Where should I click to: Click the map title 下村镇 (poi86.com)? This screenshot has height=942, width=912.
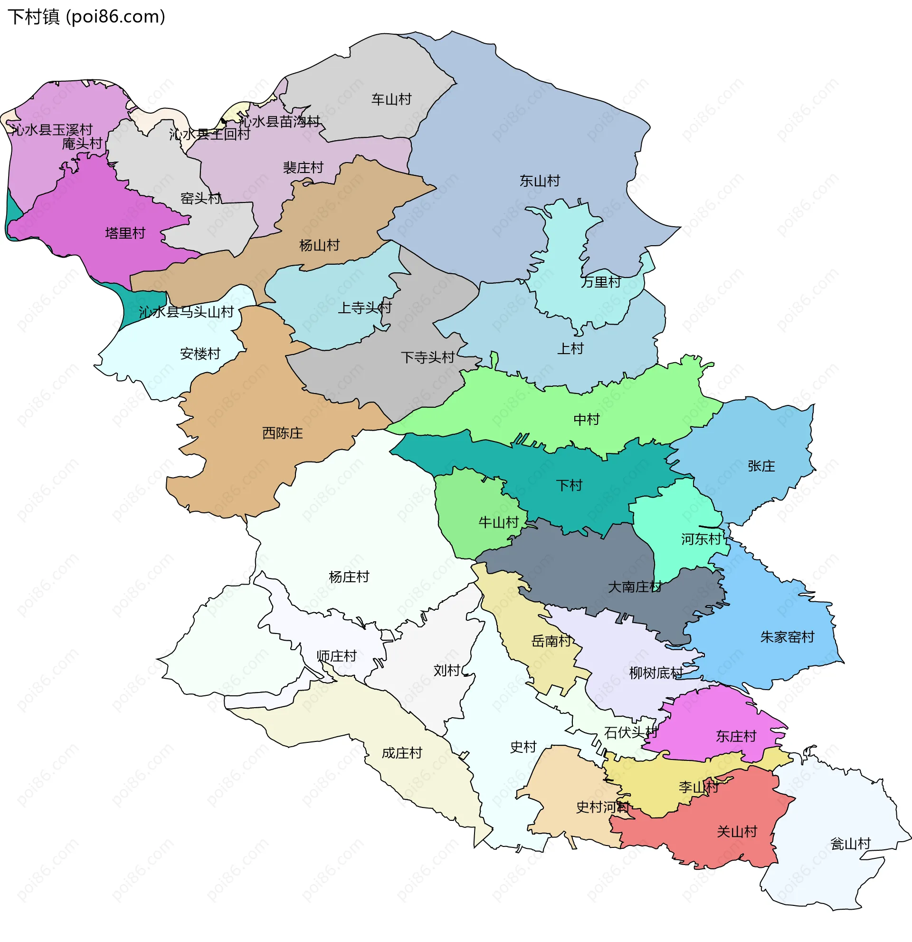pyautogui.click(x=86, y=17)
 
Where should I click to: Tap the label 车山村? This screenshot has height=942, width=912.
pyautogui.click(x=391, y=99)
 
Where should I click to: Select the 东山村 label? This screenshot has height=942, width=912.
pyautogui.click(x=540, y=181)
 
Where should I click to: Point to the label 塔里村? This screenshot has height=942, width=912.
pyautogui.click(x=125, y=233)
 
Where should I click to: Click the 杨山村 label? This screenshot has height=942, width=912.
pyautogui.click(x=319, y=246)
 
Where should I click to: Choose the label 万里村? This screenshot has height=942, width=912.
pyautogui.click(x=601, y=282)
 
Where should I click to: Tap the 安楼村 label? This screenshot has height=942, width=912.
pyautogui.click(x=200, y=354)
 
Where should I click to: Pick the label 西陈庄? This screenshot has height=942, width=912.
pyautogui.click(x=283, y=433)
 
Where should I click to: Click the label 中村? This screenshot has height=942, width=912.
pyautogui.click(x=587, y=420)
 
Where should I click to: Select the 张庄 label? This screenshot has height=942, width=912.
pyautogui.click(x=761, y=466)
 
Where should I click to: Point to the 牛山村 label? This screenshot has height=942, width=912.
pyautogui.click(x=498, y=522)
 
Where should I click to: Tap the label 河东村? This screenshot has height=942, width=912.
pyautogui.click(x=701, y=539)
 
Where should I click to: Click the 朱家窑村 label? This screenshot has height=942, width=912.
pyautogui.click(x=787, y=637)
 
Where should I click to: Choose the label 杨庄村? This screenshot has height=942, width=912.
pyautogui.click(x=349, y=577)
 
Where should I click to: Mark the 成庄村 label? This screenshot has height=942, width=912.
pyautogui.click(x=402, y=753)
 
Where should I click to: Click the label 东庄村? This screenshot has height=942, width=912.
pyautogui.click(x=736, y=736)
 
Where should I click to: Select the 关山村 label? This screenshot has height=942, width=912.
pyautogui.click(x=737, y=832)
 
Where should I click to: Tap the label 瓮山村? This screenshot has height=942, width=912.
pyautogui.click(x=851, y=844)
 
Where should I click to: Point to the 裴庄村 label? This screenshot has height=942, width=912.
pyautogui.click(x=303, y=168)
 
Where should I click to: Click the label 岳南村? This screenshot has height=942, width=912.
pyautogui.click(x=551, y=641)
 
